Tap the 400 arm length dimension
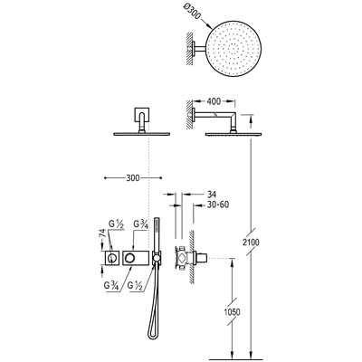coord(214,101)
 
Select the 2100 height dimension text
coord(252,242)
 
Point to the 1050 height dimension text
coord(233,311)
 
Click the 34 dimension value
coord(212,194)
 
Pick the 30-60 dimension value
coord(218,205)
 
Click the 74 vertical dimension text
coord(102,233)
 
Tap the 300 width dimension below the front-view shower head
coord(133,178)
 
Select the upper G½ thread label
coord(116,224)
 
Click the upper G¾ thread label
coord(140,225)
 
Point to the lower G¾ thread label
coord(111,285)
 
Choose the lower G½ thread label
coord(135,285)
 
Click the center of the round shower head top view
coord(233,48)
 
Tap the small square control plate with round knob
coord(112,258)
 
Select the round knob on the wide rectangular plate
coord(130,258)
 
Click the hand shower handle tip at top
coord(156,219)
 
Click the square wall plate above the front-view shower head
coord(141,114)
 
